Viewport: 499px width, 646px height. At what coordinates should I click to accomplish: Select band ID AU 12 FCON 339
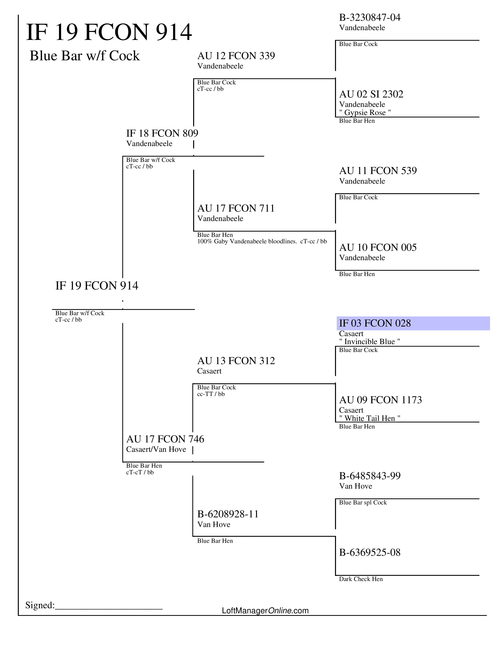236,56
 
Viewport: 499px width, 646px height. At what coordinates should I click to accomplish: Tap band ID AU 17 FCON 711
236,208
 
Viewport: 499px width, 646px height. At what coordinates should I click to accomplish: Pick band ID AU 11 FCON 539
378,171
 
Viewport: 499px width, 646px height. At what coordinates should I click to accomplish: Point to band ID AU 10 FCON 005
378,248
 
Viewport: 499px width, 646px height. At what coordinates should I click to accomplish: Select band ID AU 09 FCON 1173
380,400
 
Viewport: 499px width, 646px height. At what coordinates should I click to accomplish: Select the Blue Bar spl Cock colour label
363,502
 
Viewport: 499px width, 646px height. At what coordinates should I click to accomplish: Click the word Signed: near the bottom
40,605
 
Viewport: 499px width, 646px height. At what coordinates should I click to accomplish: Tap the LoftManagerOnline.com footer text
265,611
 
